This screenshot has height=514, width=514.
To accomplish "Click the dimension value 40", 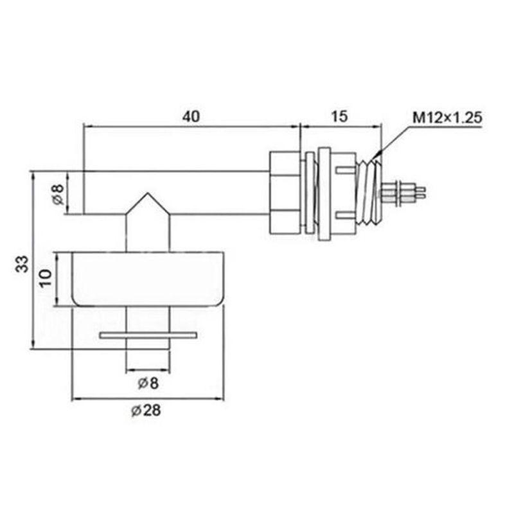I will coord(191,116).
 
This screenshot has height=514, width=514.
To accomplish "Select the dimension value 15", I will coord(340,116).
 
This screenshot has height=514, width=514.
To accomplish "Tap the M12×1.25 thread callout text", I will coord(448,118).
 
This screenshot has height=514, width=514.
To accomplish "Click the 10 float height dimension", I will coord(45,279).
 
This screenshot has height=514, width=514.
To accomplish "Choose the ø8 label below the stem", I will coord(148,384).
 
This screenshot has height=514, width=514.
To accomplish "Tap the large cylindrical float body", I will coord(148,279).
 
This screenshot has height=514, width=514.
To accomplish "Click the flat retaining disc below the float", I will coord(148,335).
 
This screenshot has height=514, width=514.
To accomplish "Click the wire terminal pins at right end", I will coord(405,191).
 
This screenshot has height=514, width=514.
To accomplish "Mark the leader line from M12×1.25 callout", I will coord(395,138).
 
